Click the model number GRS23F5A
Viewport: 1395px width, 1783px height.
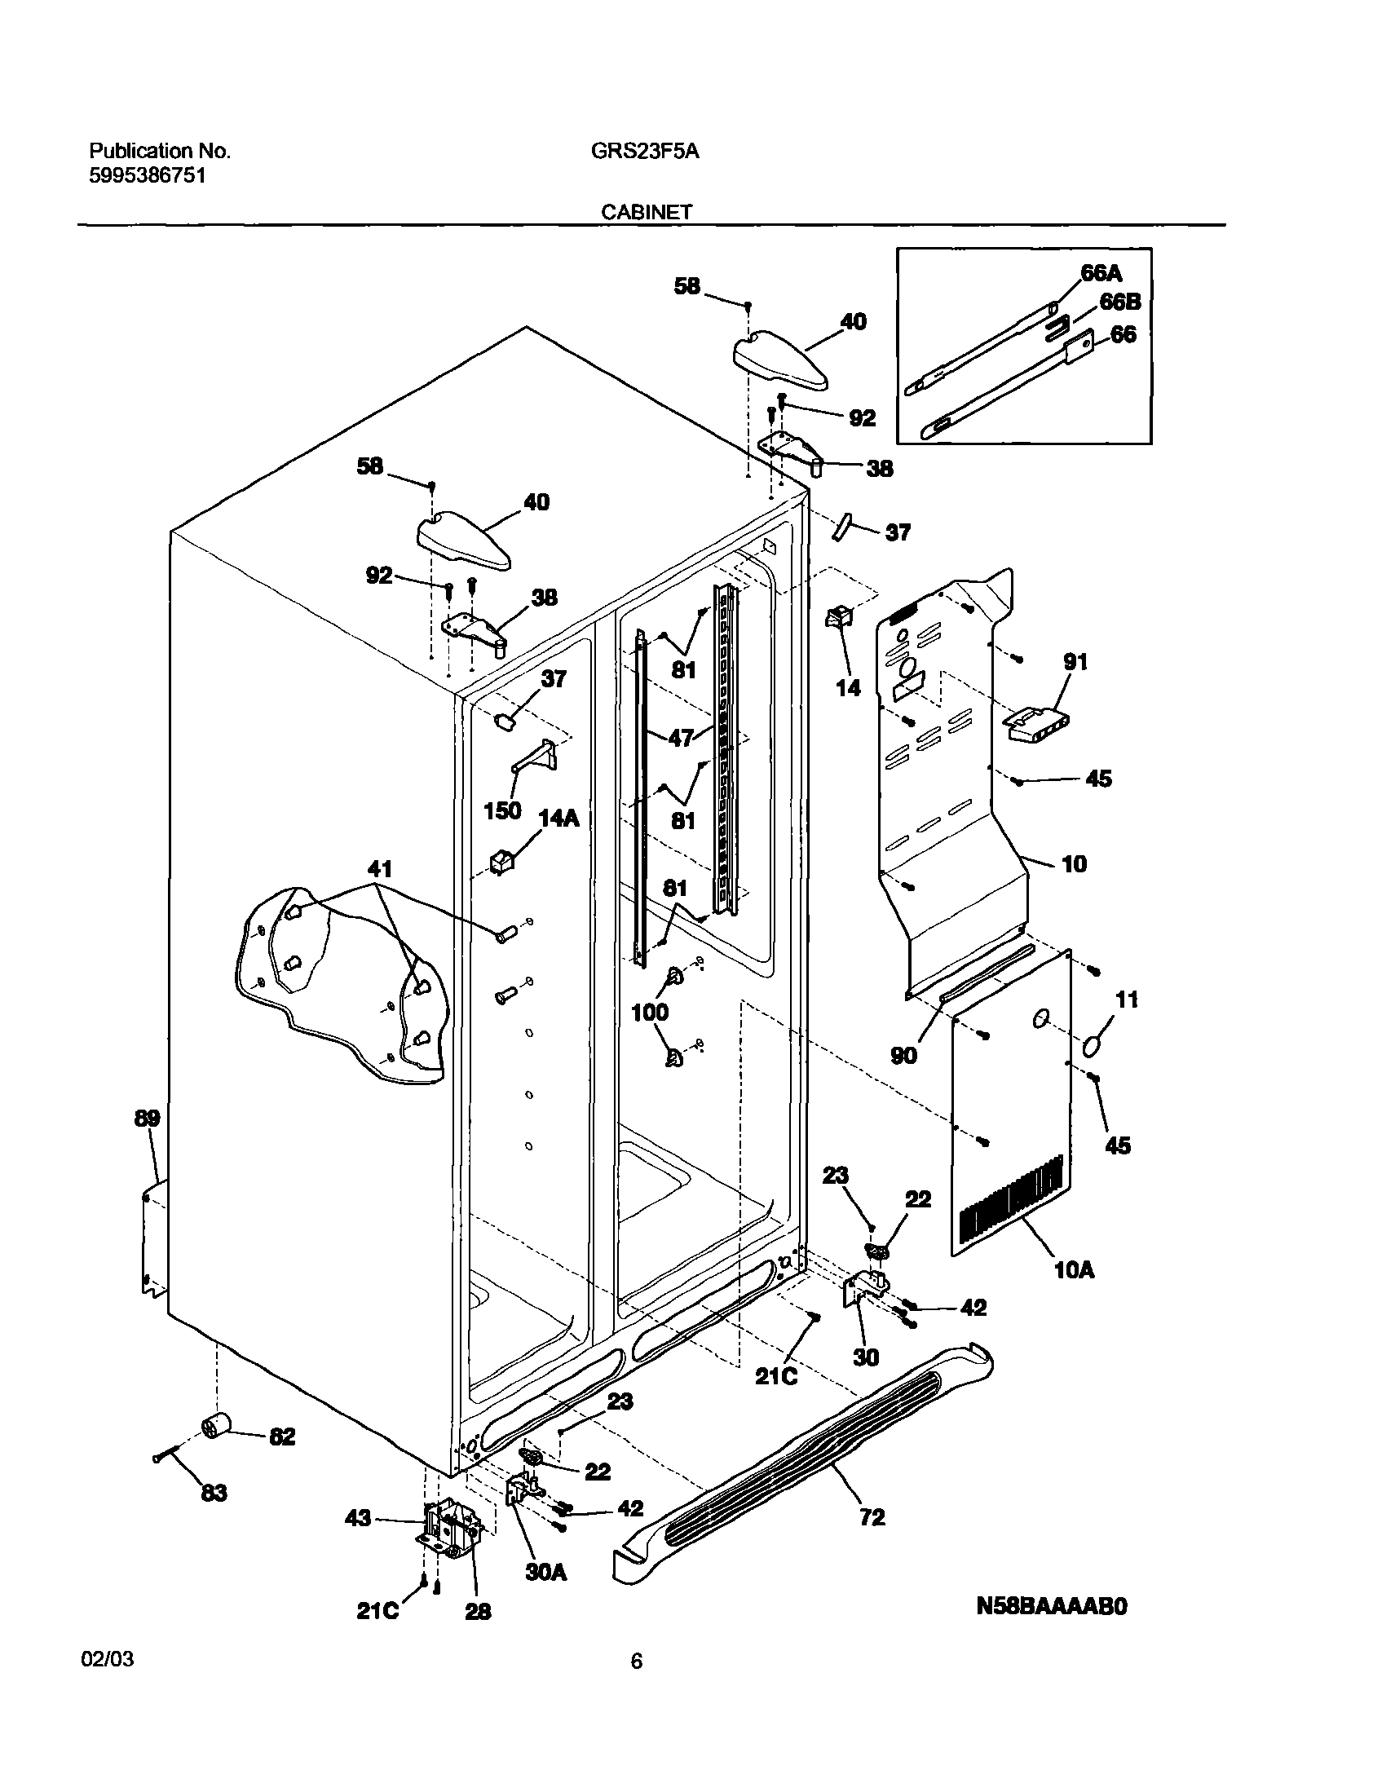pos(644,151)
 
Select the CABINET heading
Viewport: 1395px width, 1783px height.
pos(646,212)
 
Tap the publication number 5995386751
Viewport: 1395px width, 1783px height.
pos(147,175)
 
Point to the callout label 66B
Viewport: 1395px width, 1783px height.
pos(1119,302)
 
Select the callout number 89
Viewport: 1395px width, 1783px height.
pos(147,1119)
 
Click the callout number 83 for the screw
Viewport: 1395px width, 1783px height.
pos(213,1493)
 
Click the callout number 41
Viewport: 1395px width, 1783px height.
pos(380,869)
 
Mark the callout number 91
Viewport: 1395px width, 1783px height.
pos(1075,661)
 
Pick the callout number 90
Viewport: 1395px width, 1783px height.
pos(903,1055)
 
